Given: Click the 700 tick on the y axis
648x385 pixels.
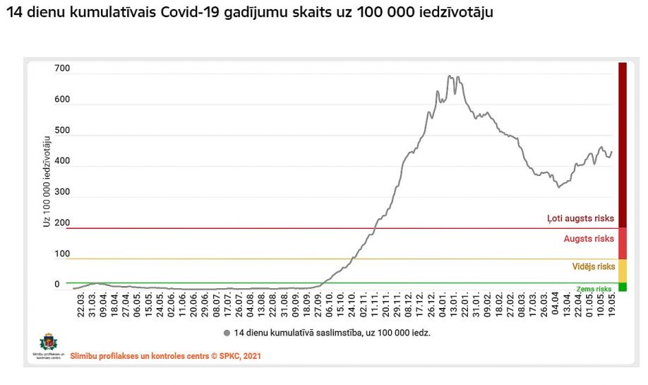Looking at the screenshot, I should click(x=62, y=69).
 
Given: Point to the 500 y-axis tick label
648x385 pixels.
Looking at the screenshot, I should click(x=62, y=131).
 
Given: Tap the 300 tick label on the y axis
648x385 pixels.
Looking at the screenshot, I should click(x=62, y=192).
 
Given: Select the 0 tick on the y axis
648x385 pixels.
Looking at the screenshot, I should click(x=57, y=285).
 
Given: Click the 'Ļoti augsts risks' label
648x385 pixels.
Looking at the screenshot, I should click(x=580, y=219).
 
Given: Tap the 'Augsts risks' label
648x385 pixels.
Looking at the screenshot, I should click(x=588, y=239).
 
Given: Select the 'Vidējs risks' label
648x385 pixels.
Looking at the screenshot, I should click(x=593, y=266).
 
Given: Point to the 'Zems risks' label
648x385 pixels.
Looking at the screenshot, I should click(x=594, y=289).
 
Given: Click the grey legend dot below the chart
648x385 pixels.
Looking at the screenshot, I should click(x=227, y=332).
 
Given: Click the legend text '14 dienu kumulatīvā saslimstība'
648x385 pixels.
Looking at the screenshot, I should click(x=332, y=332).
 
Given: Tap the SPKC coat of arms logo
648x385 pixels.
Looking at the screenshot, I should click(x=47, y=342).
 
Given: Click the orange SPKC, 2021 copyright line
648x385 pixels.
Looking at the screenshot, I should click(x=165, y=356).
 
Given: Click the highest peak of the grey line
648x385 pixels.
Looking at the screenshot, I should click(x=450, y=76).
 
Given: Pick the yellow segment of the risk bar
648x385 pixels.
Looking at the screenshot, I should click(x=623, y=271).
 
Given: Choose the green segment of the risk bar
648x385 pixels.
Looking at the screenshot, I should click(x=623, y=287).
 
